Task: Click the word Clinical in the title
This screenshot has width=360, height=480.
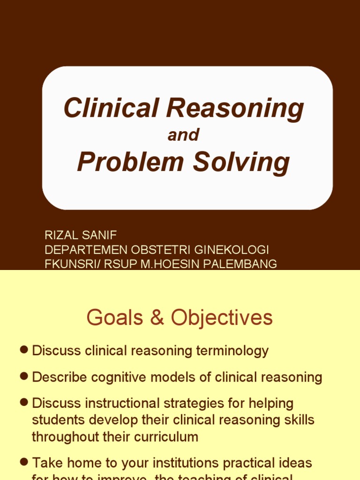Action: click(x=112, y=108)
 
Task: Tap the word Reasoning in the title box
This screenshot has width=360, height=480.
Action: click(x=235, y=109)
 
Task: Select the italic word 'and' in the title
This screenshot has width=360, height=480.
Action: click(x=183, y=135)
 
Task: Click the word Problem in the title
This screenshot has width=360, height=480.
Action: click(x=130, y=162)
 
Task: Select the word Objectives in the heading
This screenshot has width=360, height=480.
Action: click(x=221, y=318)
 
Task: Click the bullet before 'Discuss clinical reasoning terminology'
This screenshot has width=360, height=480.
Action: click(x=24, y=350)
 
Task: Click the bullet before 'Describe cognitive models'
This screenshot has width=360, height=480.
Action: click(x=24, y=376)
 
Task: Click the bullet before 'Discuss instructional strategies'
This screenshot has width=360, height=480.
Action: click(x=24, y=402)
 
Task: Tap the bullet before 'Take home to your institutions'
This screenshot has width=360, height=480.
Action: click(x=24, y=462)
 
